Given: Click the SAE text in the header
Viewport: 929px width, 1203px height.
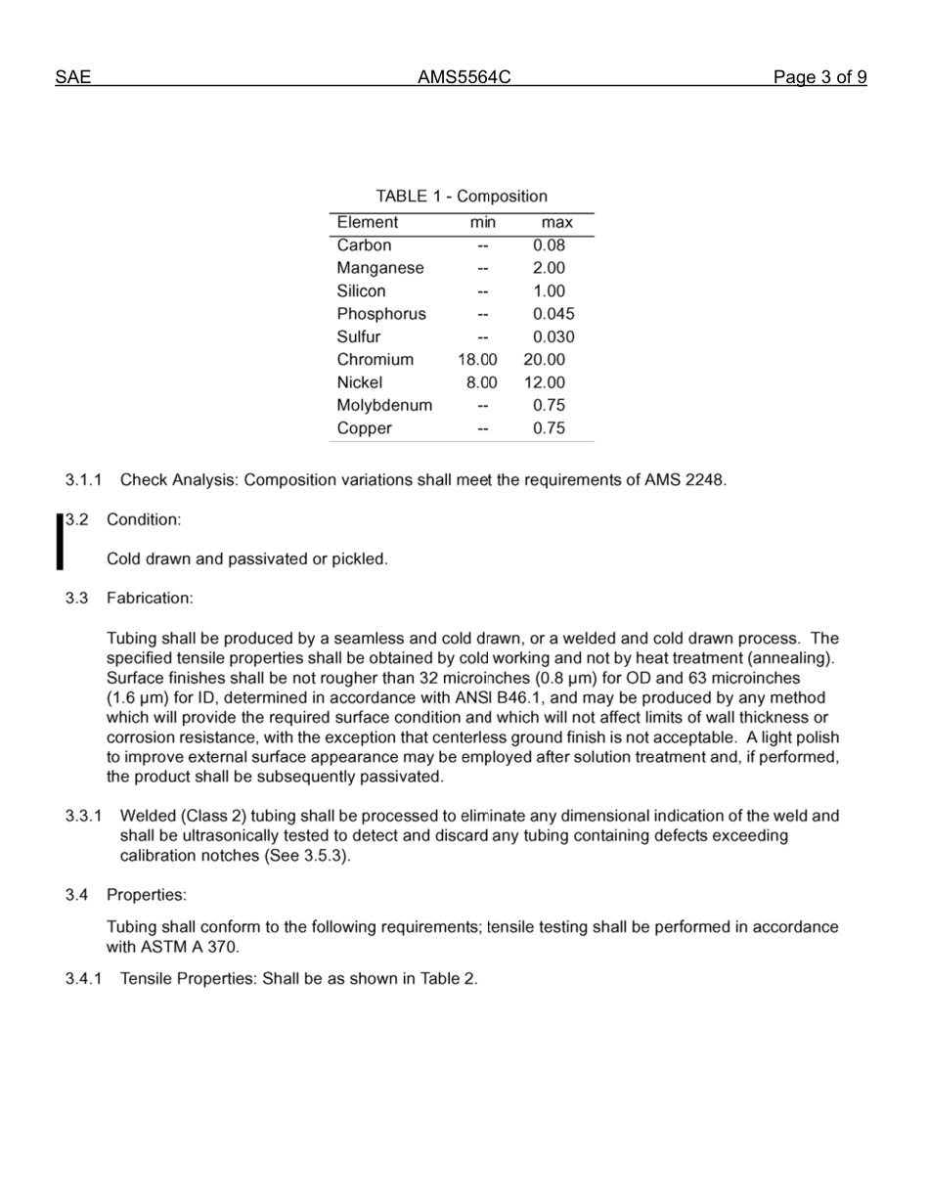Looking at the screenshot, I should coord(73,77).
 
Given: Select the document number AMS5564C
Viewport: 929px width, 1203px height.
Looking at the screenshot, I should coord(464,77).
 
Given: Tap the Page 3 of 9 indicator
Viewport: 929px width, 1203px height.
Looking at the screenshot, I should coord(819,77).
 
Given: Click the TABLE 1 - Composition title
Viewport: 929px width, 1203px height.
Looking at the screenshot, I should coord(462,197).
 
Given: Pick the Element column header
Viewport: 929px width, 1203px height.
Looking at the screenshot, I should coord(367,223).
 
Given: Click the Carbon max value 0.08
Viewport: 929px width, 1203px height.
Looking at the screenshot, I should coord(549,245).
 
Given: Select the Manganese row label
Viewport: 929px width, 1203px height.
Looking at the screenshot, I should coord(380,268).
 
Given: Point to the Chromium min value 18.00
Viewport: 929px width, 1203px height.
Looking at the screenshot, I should coord(477,360).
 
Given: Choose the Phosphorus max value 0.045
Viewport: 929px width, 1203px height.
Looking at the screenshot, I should coord(553,314).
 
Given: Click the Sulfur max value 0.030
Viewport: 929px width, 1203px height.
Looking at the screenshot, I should coord(553,337).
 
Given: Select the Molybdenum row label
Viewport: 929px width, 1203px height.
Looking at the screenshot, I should coord(384,405).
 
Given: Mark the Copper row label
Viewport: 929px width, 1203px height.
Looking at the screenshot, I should coord(364,428).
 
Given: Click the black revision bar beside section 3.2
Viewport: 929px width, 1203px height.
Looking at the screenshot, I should coord(60,541).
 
